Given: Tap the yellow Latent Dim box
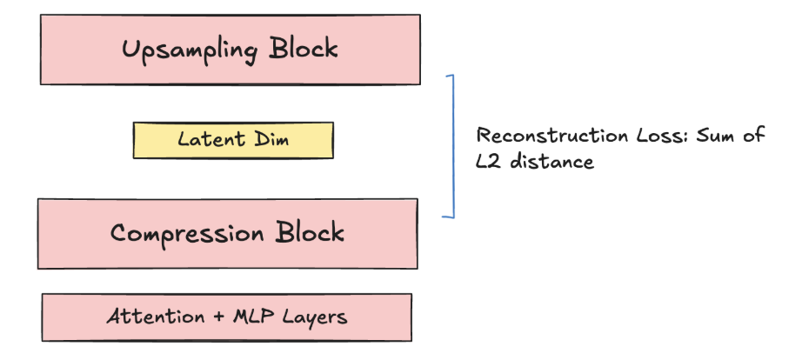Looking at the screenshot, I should (x=232, y=140).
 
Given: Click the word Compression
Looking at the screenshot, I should (x=188, y=233).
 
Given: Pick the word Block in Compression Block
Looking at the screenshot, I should (x=309, y=233).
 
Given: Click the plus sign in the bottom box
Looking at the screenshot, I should (x=210, y=317).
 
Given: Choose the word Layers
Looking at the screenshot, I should (x=314, y=317).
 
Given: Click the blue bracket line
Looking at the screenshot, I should (x=452, y=146).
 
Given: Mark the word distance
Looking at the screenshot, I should (x=551, y=162).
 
